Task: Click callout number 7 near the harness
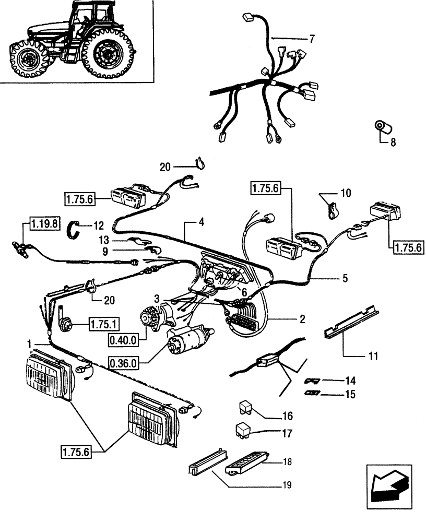click(312, 39)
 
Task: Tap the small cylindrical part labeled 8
click(383, 126)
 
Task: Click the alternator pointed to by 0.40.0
click(153, 318)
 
